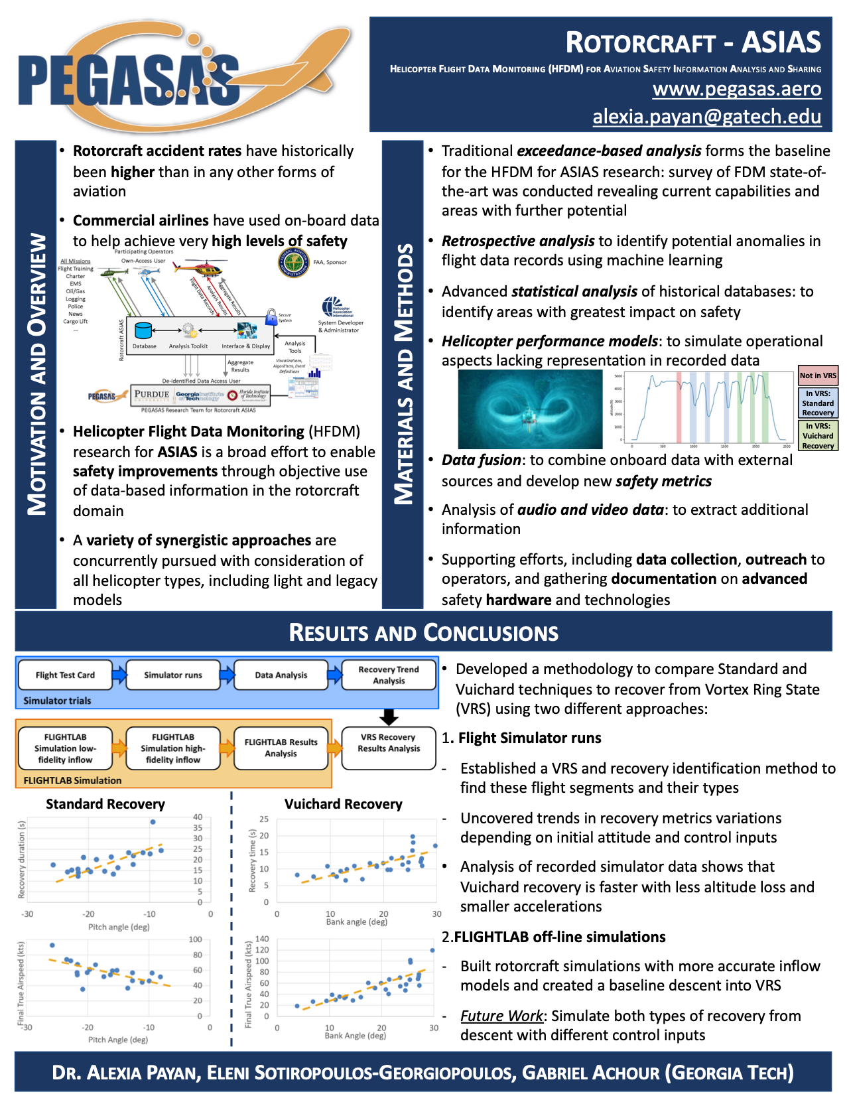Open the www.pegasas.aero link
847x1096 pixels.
point(736,89)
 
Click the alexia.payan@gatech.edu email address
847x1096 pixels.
point(706,117)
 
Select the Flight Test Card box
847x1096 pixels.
point(65,675)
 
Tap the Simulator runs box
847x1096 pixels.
point(173,675)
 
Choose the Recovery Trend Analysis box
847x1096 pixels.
point(389,675)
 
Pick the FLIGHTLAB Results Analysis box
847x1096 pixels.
point(281,748)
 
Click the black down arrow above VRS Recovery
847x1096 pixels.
point(389,717)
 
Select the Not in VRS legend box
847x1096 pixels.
point(818,376)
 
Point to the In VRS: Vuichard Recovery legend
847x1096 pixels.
point(818,436)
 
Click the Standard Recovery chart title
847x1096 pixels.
point(105,804)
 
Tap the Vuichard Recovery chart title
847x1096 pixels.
point(343,804)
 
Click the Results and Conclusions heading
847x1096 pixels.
point(423,633)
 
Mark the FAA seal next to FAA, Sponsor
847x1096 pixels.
point(293,263)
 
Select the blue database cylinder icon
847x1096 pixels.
point(143,330)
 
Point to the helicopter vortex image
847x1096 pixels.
point(529,409)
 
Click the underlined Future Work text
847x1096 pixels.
point(501,1016)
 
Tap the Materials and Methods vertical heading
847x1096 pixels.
point(403,374)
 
